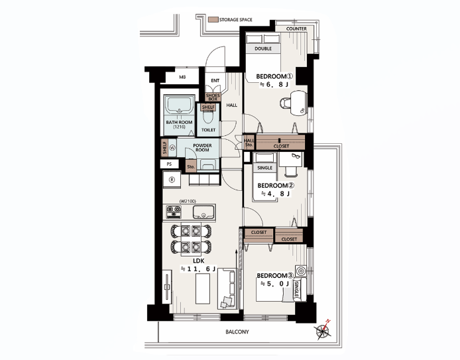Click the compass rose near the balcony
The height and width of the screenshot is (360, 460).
pyautogui.click(x=323, y=331)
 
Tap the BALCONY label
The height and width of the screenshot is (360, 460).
pyautogui.click(x=237, y=332)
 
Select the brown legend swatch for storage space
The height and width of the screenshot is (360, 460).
pyautogui.click(x=213, y=20)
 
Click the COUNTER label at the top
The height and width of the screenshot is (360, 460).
pyautogui.click(x=296, y=29)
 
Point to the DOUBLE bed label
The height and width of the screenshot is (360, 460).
pyautogui.click(x=263, y=48)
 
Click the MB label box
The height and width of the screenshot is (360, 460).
pyautogui.click(x=182, y=78)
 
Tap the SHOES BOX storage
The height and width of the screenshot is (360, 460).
pyautogui.click(x=213, y=97)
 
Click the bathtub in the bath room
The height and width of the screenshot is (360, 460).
pyautogui.click(x=179, y=105)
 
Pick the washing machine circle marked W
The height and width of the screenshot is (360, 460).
pyautogui.click(x=172, y=148)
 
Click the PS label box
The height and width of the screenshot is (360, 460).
pyautogui.click(x=169, y=164)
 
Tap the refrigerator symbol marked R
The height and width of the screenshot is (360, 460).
pyautogui.click(x=172, y=180)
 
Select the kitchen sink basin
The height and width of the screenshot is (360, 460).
pyautogui.click(x=203, y=212)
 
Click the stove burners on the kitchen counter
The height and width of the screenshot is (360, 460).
pyautogui.click(x=174, y=212)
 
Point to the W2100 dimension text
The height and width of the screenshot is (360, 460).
pyautogui.click(x=188, y=202)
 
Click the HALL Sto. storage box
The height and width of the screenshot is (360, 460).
pyautogui.click(x=249, y=143)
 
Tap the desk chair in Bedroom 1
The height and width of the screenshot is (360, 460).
pyautogui.click(x=286, y=103)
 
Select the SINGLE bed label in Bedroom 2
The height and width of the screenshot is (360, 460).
pyautogui.click(x=264, y=168)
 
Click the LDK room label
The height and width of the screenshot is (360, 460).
pyautogui.click(x=199, y=261)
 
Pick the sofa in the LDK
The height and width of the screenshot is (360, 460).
pyautogui.click(x=227, y=288)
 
